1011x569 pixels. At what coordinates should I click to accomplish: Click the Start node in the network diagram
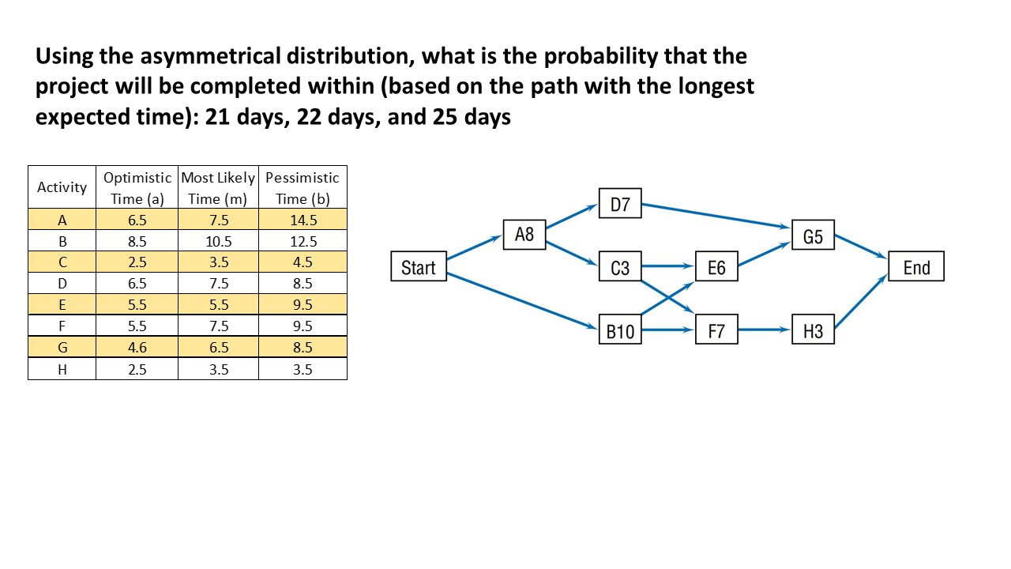point(418,267)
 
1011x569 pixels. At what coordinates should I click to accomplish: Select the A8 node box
point(524,234)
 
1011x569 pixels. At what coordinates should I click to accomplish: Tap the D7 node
point(620,204)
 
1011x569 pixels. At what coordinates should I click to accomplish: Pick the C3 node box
point(620,267)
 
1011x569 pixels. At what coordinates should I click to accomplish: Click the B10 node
point(620,330)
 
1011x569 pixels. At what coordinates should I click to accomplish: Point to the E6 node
point(716,267)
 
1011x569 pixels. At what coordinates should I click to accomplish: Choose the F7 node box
point(716,330)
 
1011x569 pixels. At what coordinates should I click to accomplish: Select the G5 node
point(813,236)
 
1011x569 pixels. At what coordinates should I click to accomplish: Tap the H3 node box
point(813,330)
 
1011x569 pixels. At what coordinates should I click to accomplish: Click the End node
point(916,267)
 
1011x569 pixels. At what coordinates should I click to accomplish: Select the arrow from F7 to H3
point(765,330)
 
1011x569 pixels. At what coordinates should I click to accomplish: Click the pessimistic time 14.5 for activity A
point(303,220)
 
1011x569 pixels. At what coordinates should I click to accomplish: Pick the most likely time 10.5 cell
point(218,241)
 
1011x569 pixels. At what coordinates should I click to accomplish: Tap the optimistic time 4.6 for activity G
point(137,347)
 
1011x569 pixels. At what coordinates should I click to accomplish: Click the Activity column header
point(62,187)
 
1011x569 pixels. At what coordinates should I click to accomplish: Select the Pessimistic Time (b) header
point(303,187)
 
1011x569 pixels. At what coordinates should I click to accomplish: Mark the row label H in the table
point(62,369)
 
